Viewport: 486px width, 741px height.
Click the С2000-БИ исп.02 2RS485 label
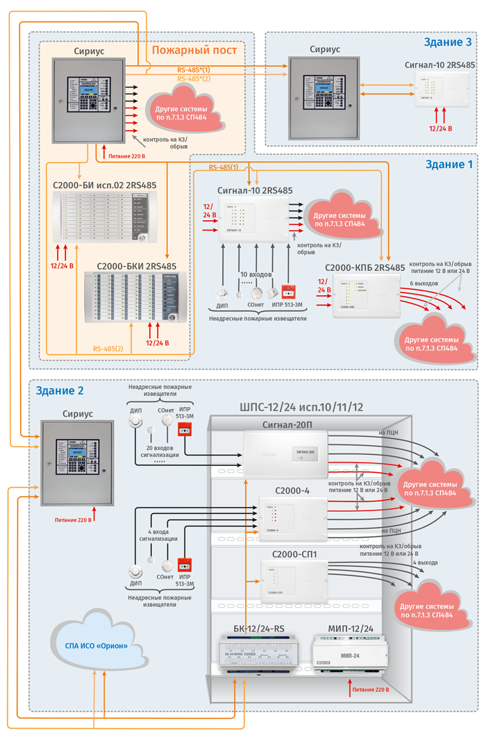[104, 185]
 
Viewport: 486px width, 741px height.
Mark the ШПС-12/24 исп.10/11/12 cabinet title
[301, 408]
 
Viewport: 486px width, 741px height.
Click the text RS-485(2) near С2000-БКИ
[108, 349]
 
